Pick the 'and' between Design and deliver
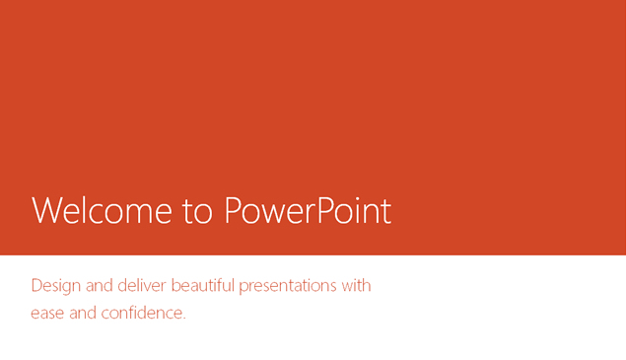pyautogui.click(x=100, y=286)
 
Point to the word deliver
pyautogui.click(x=142, y=286)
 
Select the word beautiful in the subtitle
pyautogui.click(x=203, y=286)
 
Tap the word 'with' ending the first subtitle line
pyautogui.click(x=356, y=286)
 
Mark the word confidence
pyautogui.click(x=144, y=314)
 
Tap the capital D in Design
pyautogui.click(x=36, y=286)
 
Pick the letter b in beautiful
pyautogui.click(x=175, y=286)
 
